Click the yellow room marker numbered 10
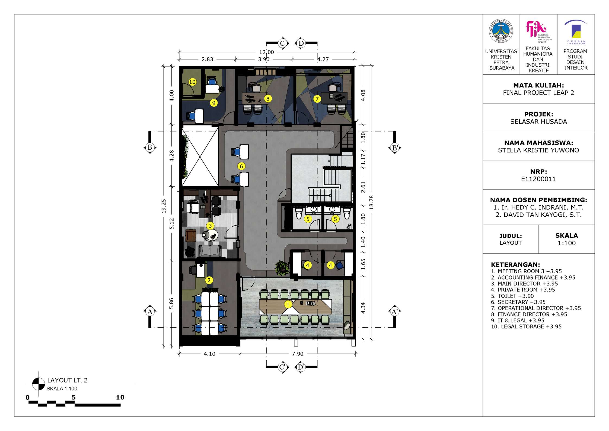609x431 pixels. pyautogui.click(x=192, y=82)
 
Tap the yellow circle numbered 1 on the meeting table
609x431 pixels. pyautogui.click(x=288, y=304)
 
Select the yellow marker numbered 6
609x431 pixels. pyautogui.click(x=241, y=166)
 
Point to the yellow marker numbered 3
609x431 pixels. pyautogui.click(x=210, y=225)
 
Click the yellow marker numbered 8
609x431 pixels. pyautogui.click(x=268, y=99)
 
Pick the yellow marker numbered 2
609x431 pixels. pyautogui.click(x=209, y=280)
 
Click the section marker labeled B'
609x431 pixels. pyautogui.click(x=395, y=148)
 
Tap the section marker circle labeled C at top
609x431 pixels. pyautogui.click(x=282, y=43)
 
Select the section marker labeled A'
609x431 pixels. pyautogui.click(x=395, y=312)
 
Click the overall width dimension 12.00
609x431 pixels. pyautogui.click(x=266, y=52)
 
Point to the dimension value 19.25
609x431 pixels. pyautogui.click(x=164, y=206)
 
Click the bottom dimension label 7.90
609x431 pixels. pyautogui.click(x=298, y=354)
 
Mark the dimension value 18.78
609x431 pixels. pyautogui.click(x=371, y=202)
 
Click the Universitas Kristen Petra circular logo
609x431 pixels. pyautogui.click(x=501, y=31)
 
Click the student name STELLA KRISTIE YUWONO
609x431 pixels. pyautogui.click(x=538, y=150)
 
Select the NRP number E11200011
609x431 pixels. pyautogui.click(x=538, y=179)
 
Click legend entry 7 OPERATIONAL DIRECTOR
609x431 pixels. pyautogui.click(x=536, y=308)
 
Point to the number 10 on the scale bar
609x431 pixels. pyautogui.click(x=120, y=397)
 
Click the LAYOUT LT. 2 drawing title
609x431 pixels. pyautogui.click(x=67, y=380)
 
